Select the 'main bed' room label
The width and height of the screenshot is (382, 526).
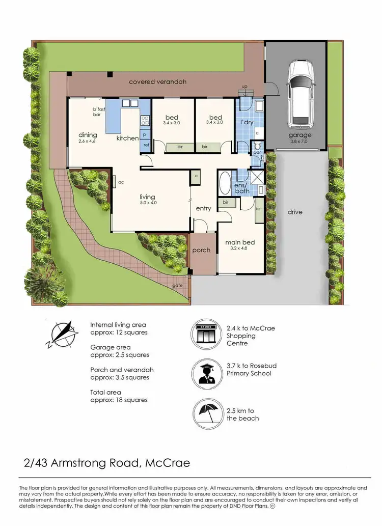tap(239, 242)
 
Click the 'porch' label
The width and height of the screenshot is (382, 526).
tap(202, 251)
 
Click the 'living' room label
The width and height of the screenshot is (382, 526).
tap(148, 197)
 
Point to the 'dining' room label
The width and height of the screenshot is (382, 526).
tap(87, 135)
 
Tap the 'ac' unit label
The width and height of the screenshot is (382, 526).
tap(121, 181)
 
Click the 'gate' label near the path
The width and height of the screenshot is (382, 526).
tap(177, 286)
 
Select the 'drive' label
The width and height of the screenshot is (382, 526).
tap(294, 212)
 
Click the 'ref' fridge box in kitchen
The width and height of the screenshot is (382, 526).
tap(146, 145)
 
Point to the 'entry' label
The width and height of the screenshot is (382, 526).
tap(203, 208)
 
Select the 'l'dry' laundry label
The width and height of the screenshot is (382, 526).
tap(247, 123)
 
